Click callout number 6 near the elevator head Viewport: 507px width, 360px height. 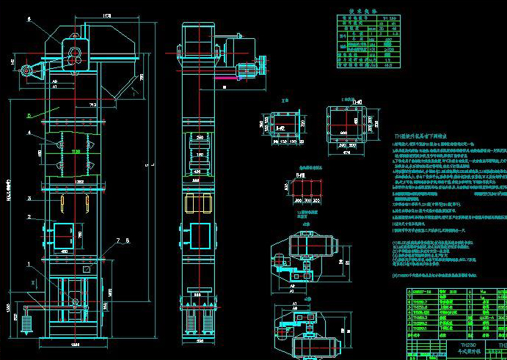[29, 20]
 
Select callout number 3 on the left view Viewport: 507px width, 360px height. [29, 198]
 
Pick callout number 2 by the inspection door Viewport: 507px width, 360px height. [29, 217]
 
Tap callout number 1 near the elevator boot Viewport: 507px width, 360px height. [29, 263]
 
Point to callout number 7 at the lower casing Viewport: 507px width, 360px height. [107, 240]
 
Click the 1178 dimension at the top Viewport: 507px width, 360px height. [107, 15]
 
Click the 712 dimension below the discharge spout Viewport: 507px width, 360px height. [92, 106]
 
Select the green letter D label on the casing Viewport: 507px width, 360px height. [29, 115]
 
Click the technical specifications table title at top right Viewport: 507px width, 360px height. [357, 14]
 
